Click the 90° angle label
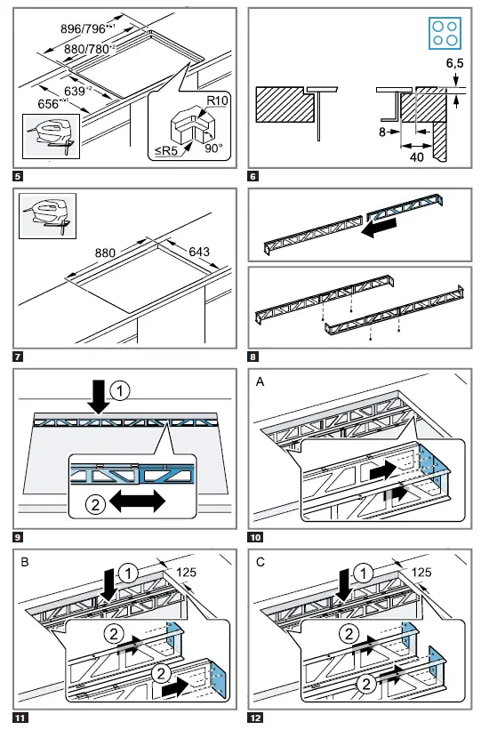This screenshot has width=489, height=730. [x=212, y=148]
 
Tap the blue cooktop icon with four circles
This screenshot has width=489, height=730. [x=444, y=33]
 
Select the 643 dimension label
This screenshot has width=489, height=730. [x=198, y=252]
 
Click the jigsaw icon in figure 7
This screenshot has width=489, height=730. [x=40, y=216]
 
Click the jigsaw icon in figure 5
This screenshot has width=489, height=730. [x=46, y=136]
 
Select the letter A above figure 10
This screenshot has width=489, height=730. [x=260, y=381]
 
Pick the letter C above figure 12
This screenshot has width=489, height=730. [x=261, y=562]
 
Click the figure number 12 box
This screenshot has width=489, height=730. [x=256, y=717]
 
